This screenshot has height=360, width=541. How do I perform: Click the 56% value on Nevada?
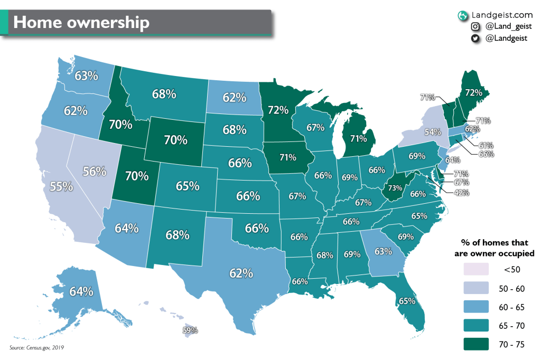(x=95, y=171)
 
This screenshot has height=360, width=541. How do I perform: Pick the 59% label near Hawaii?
(x=190, y=330)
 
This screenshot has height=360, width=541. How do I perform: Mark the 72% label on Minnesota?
(x=278, y=110)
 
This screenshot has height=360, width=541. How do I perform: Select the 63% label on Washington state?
(x=86, y=75)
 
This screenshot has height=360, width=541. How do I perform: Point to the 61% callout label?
(x=486, y=145)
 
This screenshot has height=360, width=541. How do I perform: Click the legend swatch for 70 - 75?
(x=478, y=344)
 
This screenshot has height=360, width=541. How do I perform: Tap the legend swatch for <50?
(x=478, y=269)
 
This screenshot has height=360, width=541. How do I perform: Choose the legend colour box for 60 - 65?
(x=478, y=307)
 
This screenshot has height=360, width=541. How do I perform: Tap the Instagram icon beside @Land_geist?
(x=475, y=26)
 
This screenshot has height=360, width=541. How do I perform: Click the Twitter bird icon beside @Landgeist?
(x=475, y=38)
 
